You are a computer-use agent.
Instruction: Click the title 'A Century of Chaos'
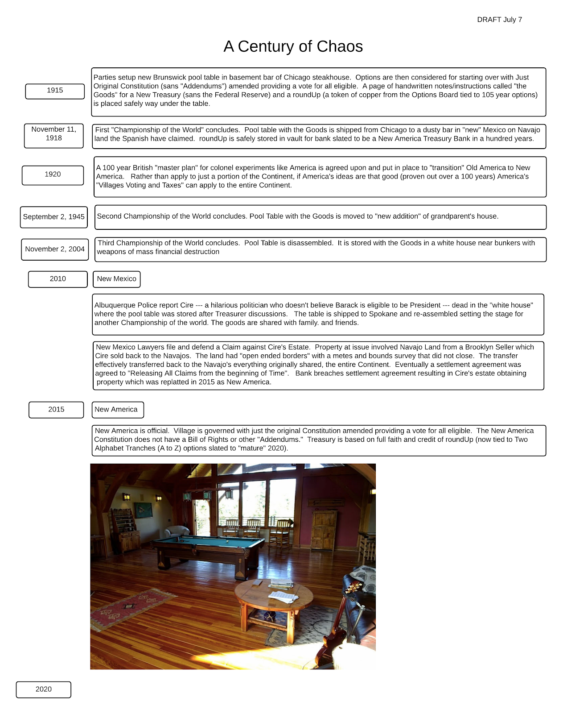[293, 46]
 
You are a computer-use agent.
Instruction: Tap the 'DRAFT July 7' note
[499, 20]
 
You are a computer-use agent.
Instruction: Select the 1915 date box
[55, 91]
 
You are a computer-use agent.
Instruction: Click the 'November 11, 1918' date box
[54, 136]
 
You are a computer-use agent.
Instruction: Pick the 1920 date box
[53, 175]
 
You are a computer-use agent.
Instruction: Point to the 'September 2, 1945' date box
[53, 217]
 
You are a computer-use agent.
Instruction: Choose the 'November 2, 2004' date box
[54, 249]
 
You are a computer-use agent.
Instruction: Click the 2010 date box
[58, 279]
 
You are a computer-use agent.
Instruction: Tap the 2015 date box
[56, 410]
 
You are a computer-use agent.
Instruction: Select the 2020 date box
[43, 689]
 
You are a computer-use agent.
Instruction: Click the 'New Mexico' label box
[116, 279]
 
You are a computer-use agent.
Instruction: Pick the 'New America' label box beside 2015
[118, 410]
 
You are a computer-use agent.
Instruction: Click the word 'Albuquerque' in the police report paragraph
[113, 305]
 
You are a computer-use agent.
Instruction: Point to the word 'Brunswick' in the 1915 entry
[169, 77]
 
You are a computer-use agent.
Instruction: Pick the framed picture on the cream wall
[143, 510]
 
